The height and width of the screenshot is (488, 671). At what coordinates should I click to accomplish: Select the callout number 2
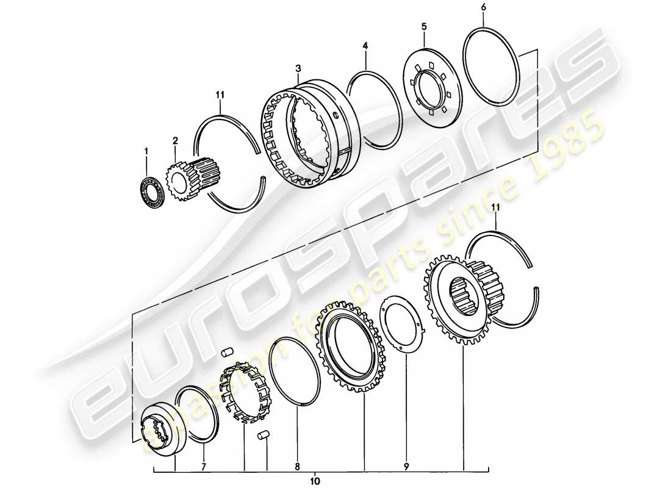point(175,141)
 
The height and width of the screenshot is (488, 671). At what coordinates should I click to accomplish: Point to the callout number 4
point(365,46)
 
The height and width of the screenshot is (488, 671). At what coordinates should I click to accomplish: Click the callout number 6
point(484,7)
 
